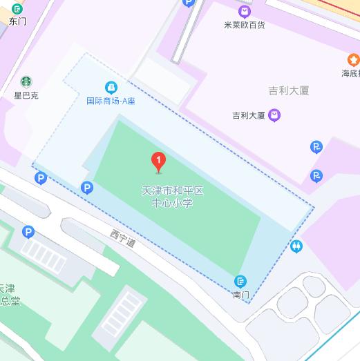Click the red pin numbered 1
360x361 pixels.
(x=159, y=162)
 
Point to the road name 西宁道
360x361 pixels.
(x=122, y=239)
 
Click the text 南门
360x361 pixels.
(x=240, y=295)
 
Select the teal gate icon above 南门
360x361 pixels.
(x=240, y=282)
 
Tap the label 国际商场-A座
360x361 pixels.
(x=111, y=101)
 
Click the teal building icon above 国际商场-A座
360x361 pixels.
(x=111, y=88)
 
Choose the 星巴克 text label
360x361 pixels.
(x=26, y=95)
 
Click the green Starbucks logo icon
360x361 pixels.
(x=26, y=81)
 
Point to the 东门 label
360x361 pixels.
(x=17, y=21)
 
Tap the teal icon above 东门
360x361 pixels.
(x=17, y=8)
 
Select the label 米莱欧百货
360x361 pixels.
(x=245, y=25)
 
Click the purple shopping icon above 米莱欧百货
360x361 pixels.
(x=244, y=11)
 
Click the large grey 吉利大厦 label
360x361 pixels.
(x=288, y=90)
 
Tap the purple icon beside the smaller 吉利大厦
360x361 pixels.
(x=274, y=116)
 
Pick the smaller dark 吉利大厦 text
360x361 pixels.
(x=249, y=116)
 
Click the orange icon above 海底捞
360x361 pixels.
(x=353, y=61)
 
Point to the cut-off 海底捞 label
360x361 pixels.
(x=350, y=73)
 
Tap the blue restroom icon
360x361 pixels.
(x=296, y=246)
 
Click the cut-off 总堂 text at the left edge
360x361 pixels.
(x=10, y=301)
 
